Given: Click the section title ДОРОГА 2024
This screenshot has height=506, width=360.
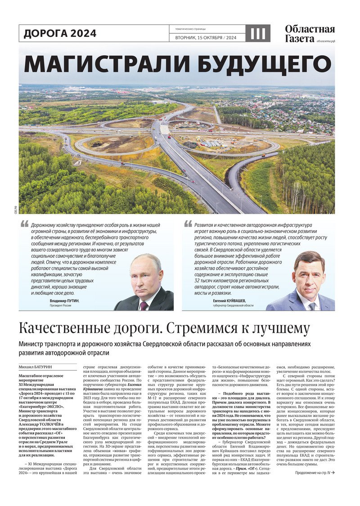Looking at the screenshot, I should (x=60, y=33).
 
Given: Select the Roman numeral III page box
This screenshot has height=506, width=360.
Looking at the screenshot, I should (x=258, y=33).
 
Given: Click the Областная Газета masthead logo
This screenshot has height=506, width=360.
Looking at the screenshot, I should (x=310, y=34).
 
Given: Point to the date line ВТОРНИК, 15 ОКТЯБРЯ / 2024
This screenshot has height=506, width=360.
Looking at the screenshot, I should (x=206, y=38).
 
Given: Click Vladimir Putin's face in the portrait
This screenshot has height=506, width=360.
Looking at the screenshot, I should (x=145, y=273).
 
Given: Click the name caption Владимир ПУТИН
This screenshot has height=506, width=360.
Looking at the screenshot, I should (x=64, y=300).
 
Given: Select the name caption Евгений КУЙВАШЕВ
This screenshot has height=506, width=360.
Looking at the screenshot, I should (x=229, y=300).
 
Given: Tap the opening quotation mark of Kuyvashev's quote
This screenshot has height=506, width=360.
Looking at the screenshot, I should (x=188, y=224).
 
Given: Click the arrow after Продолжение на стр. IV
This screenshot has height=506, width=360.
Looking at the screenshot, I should (x=333, y=473).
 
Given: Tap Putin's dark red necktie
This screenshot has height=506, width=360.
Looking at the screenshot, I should (x=144, y=305).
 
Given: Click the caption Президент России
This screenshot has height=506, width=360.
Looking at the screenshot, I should (x=60, y=305).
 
